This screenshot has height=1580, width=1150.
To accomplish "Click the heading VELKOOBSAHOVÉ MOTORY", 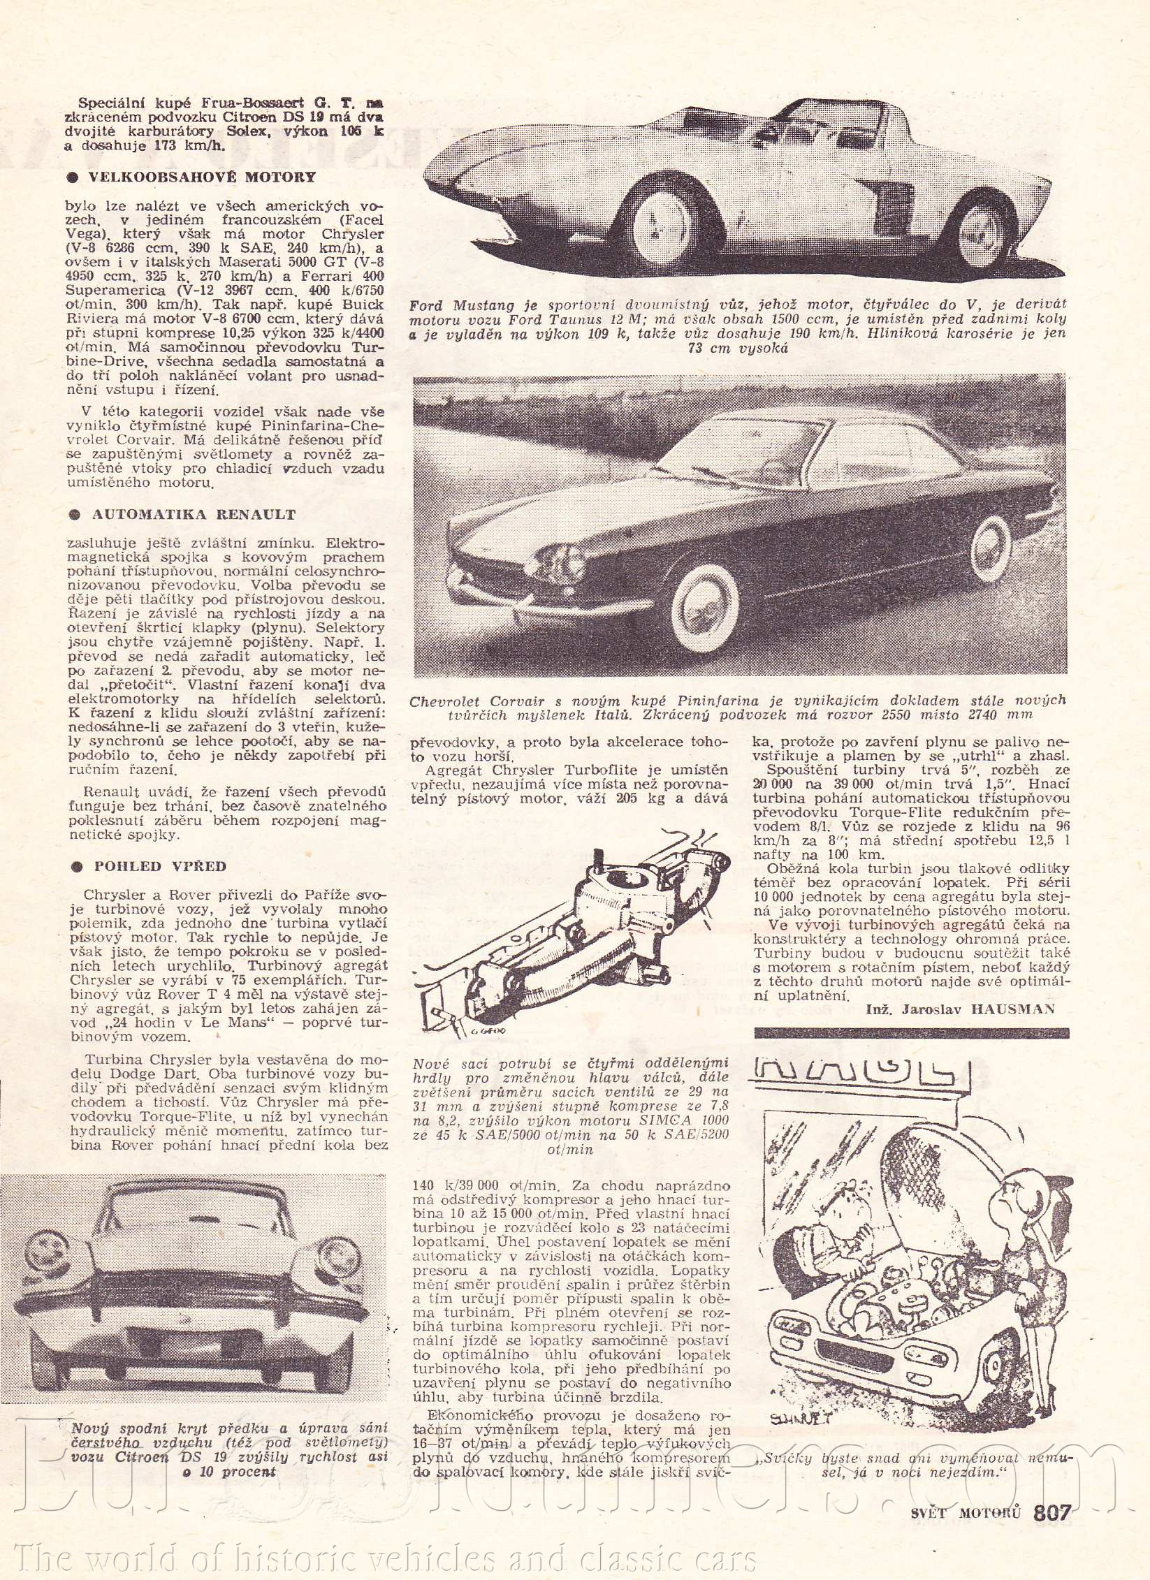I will (x=201, y=177).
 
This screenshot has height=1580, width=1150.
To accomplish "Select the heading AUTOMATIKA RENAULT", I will (x=194, y=515).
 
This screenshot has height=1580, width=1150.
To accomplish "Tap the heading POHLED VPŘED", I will (x=160, y=866).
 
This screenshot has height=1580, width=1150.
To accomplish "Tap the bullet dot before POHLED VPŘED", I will (x=76, y=867).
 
